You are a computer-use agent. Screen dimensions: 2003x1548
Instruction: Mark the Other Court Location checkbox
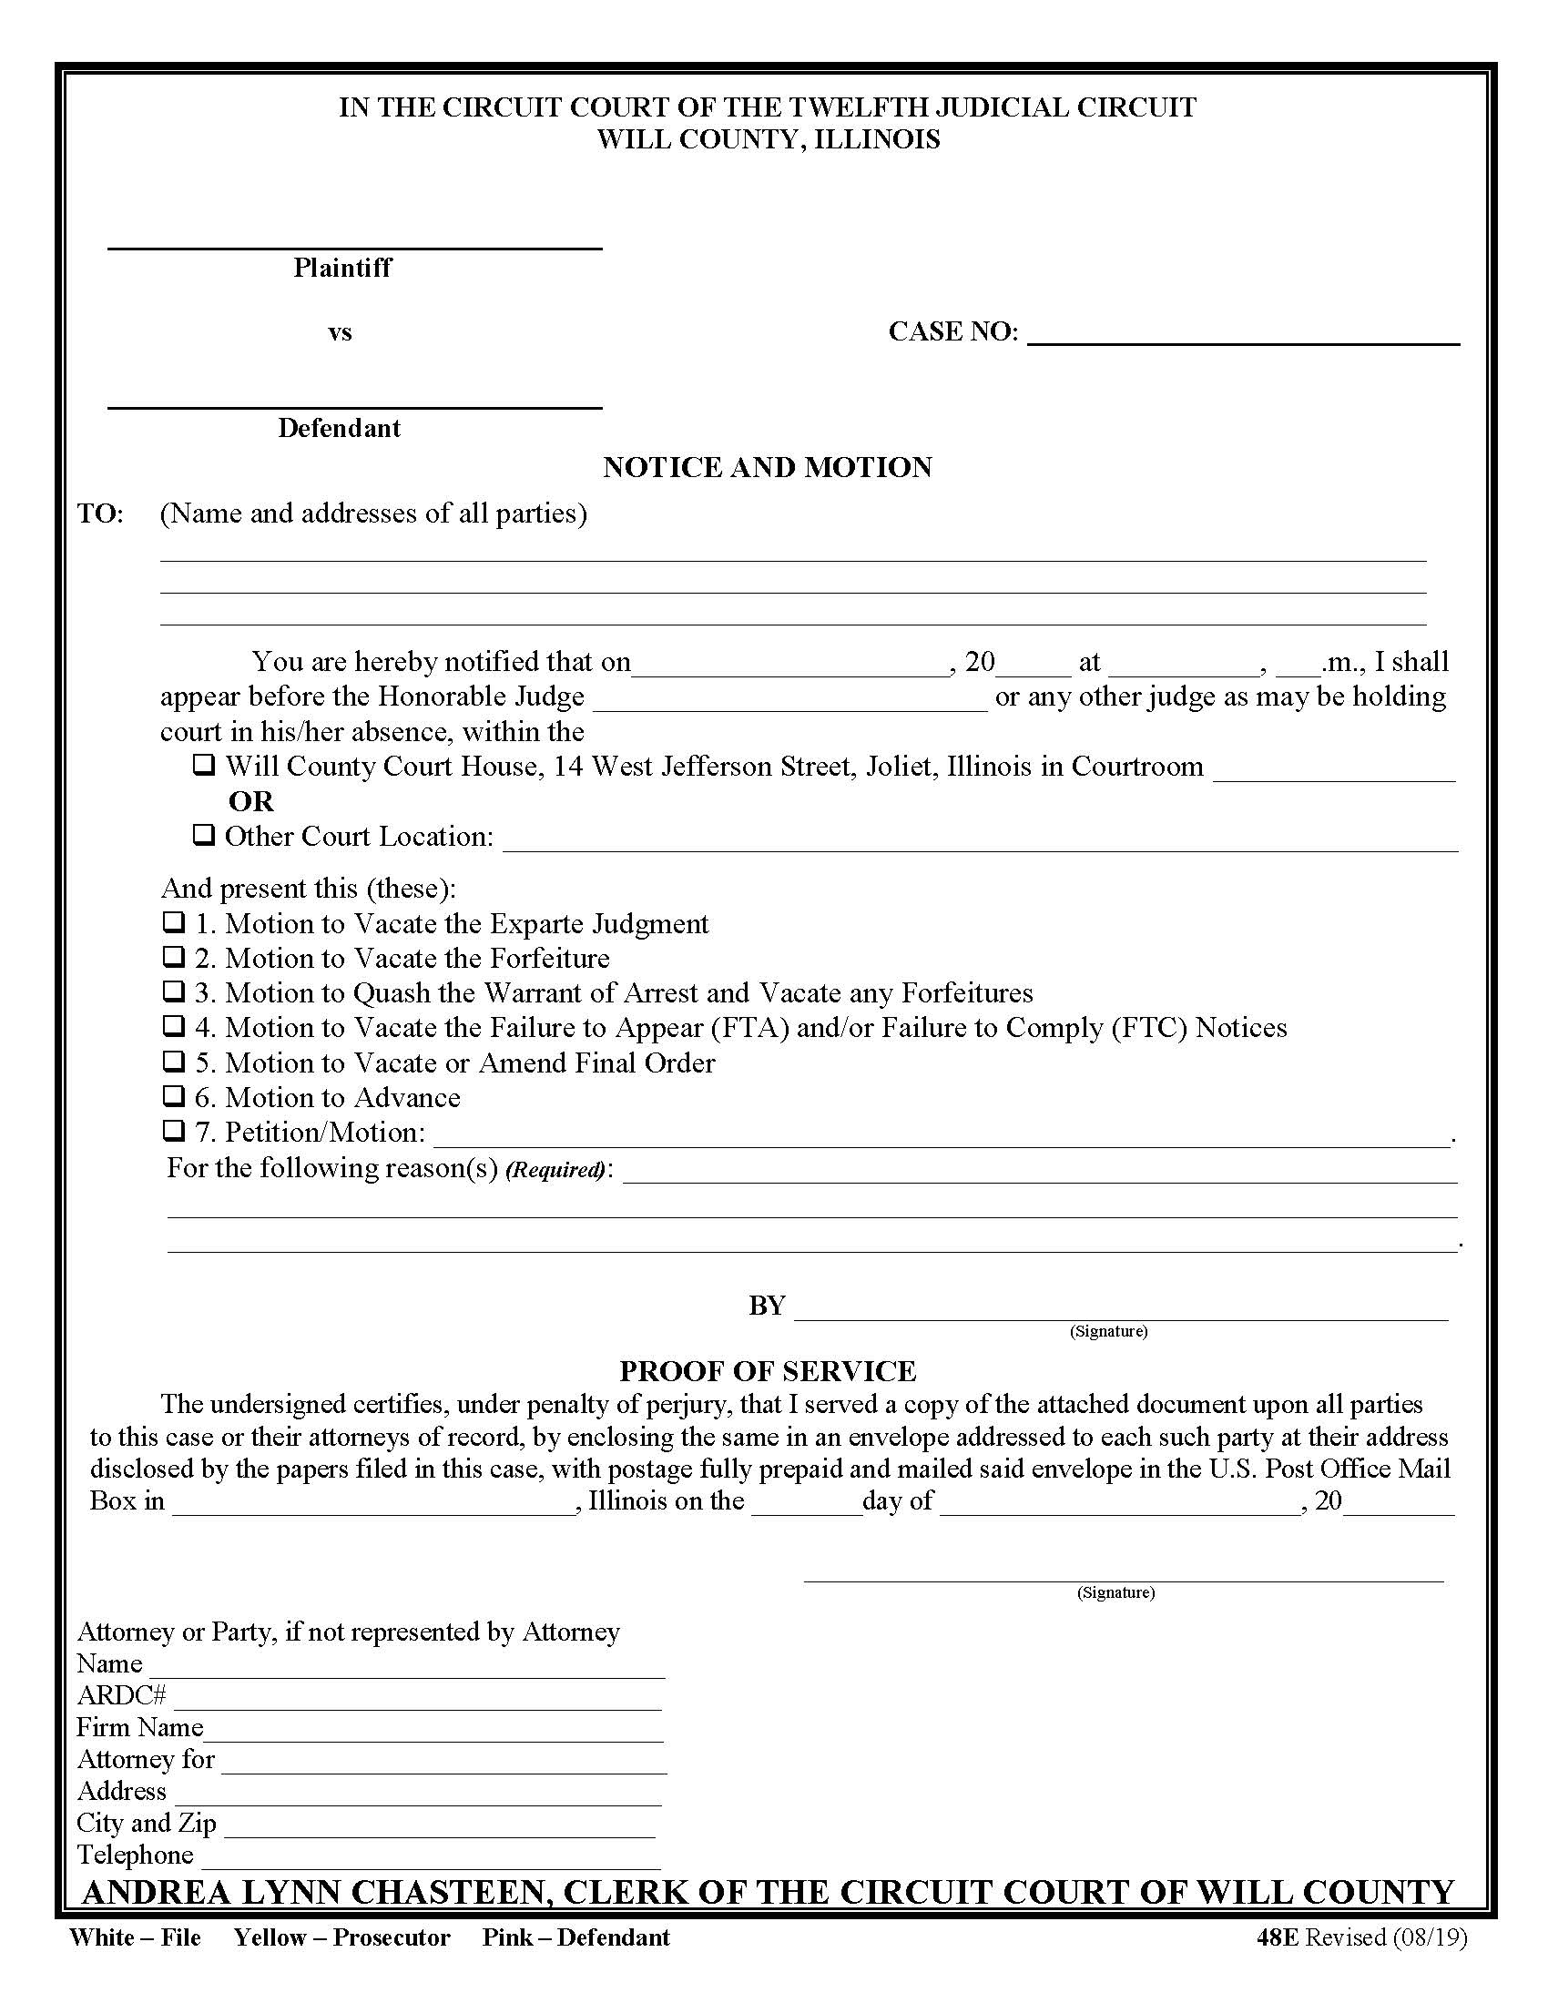pyautogui.click(x=204, y=835)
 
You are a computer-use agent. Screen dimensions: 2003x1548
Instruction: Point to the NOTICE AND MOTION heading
pyautogui.click(x=768, y=467)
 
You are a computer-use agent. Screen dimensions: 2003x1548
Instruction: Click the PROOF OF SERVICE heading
pyautogui.click(x=768, y=1370)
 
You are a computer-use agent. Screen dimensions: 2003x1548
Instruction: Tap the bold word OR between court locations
pyautogui.click(x=250, y=800)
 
